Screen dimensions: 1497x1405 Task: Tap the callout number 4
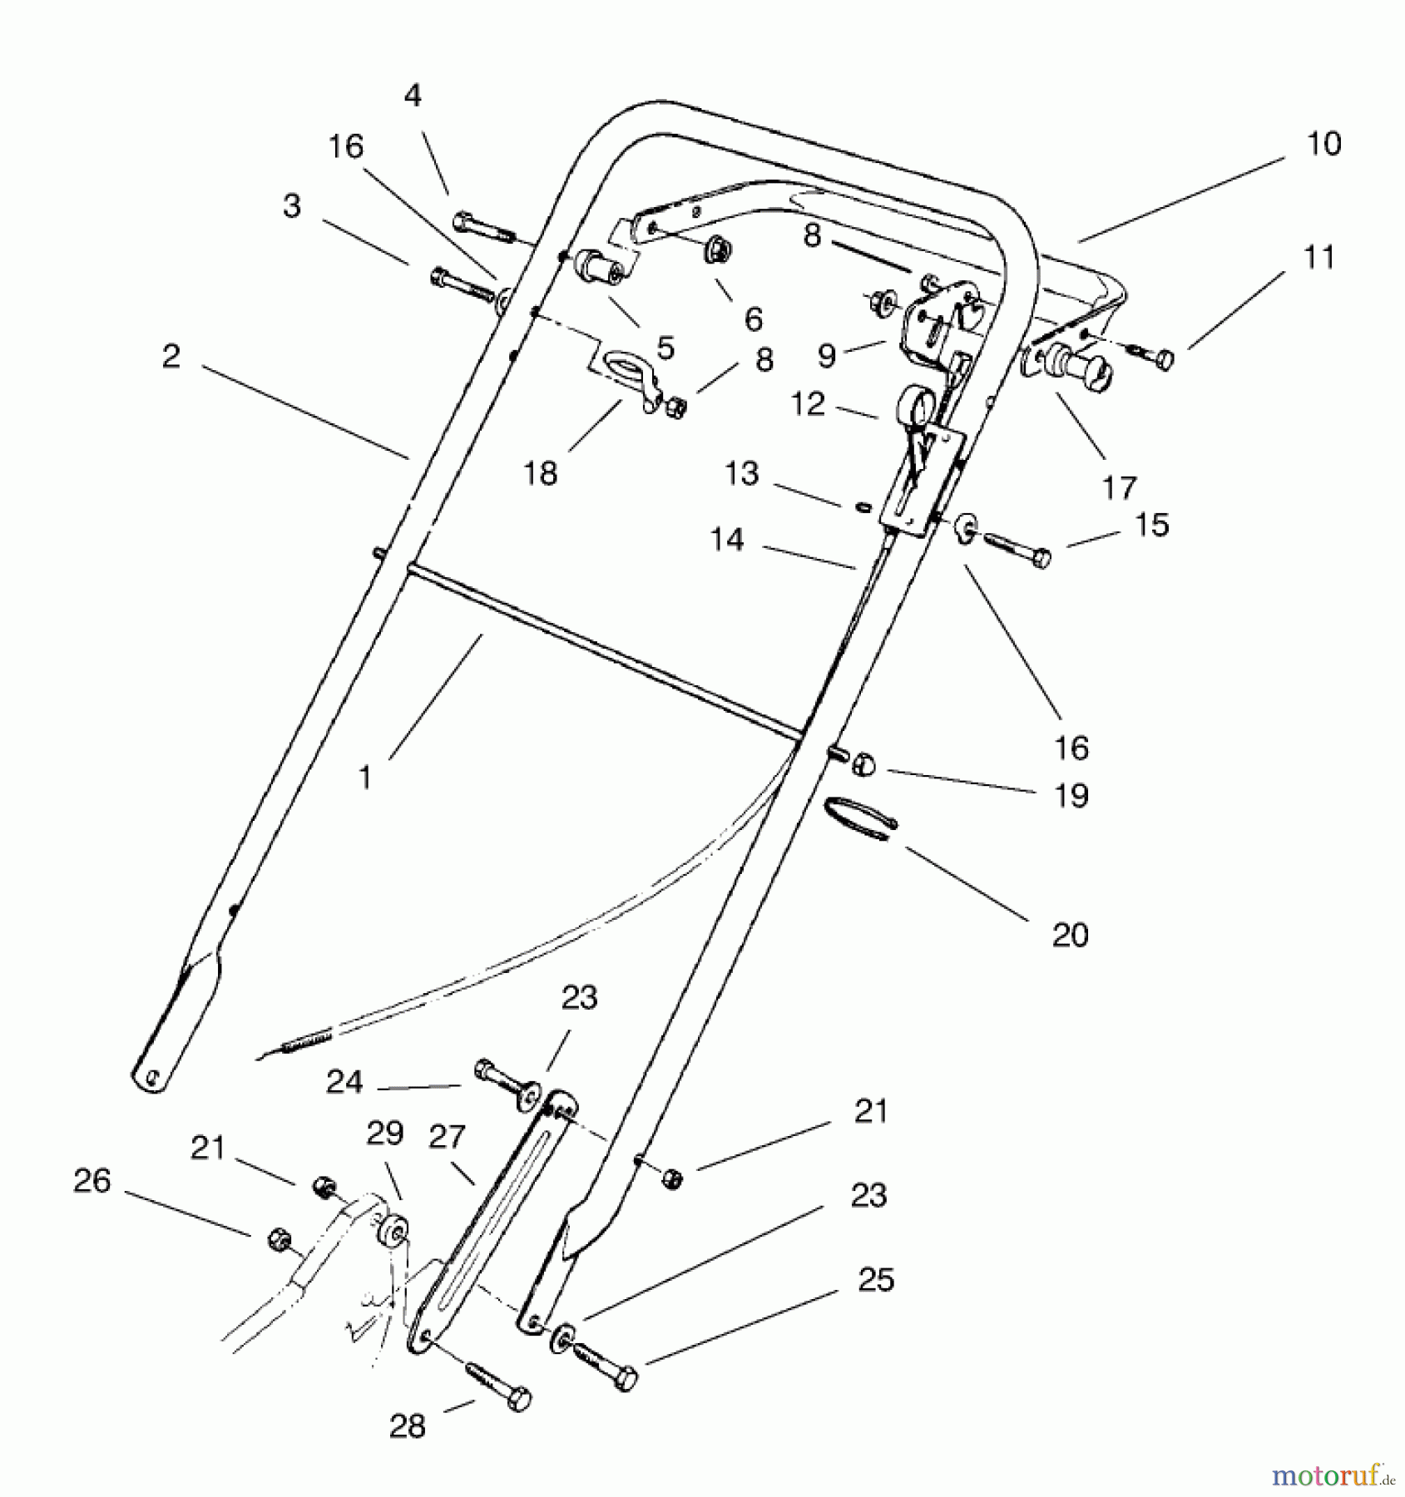coord(413,96)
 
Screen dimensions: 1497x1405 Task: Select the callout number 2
coord(171,358)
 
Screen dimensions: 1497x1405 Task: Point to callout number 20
coord(1070,936)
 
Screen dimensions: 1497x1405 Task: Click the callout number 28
coord(408,1426)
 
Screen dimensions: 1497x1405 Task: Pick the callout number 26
coord(92,1181)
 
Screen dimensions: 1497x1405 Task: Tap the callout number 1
coord(364,778)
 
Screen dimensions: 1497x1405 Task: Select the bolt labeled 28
coord(499,1391)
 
